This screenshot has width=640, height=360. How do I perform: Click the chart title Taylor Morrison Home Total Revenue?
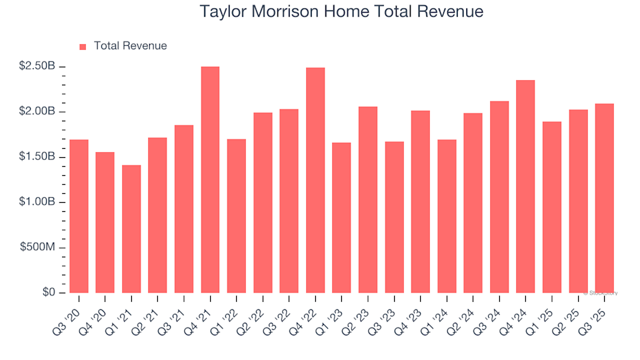click(x=341, y=12)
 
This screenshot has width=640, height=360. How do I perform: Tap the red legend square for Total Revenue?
click(x=83, y=47)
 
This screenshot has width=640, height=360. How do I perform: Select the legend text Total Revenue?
click(x=130, y=46)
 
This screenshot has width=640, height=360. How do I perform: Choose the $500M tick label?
click(x=40, y=247)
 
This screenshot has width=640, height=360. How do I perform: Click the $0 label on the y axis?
click(x=49, y=293)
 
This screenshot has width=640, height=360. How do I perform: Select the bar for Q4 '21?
click(x=210, y=180)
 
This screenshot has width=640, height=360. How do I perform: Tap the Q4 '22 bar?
click(x=315, y=181)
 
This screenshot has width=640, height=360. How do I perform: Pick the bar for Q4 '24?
click(x=525, y=187)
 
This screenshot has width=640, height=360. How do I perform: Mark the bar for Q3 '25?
click(x=604, y=198)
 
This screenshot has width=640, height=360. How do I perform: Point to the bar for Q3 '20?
click(x=79, y=216)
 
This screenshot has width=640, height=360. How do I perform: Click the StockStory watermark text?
click(x=601, y=293)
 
